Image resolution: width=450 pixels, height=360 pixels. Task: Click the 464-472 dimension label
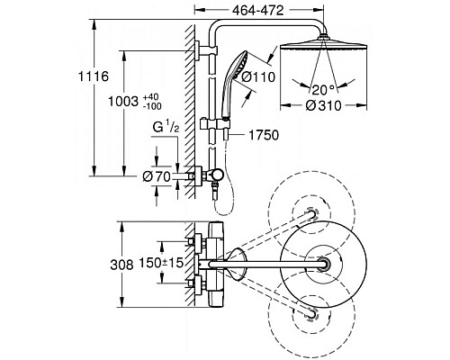click(258, 11)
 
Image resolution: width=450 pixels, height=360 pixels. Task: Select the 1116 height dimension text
click(94, 76)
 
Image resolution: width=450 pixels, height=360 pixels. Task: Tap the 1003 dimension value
click(123, 102)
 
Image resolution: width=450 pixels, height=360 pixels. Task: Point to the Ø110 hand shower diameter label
click(258, 77)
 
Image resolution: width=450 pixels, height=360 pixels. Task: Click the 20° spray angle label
click(323, 89)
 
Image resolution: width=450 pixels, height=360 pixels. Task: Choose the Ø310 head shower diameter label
click(324, 105)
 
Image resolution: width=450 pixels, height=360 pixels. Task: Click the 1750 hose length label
click(264, 135)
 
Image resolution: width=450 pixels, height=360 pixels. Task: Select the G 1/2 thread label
click(166, 128)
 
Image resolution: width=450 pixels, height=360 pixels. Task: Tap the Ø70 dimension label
click(157, 176)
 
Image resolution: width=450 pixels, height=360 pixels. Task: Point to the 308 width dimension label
click(121, 265)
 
